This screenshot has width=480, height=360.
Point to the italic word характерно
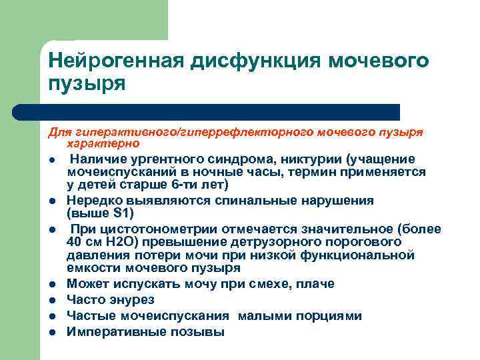[103, 143]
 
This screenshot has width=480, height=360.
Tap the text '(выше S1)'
[100, 213]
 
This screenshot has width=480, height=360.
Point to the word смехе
[273, 283]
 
